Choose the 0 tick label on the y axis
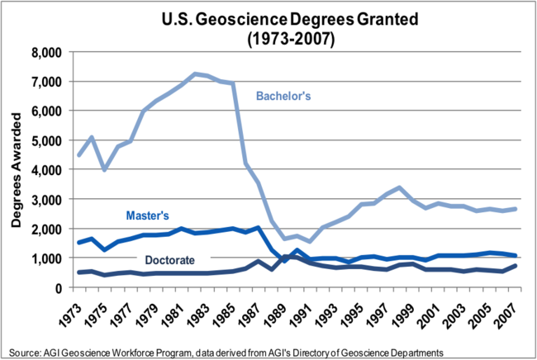tap(59, 288)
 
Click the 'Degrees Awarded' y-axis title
tap(16, 169)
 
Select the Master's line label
tap(149, 216)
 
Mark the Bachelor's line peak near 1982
tap(195, 74)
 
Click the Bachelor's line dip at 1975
tap(104, 169)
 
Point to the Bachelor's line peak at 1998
tap(398, 188)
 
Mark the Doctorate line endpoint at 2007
tap(516, 266)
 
